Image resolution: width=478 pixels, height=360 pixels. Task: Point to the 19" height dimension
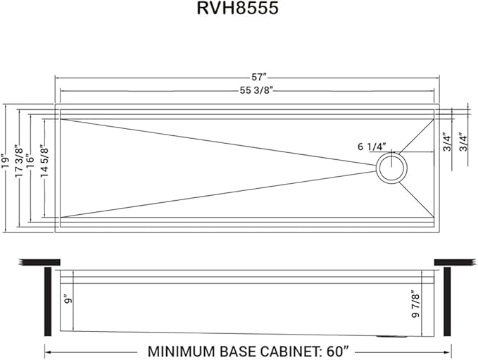[x=6, y=162]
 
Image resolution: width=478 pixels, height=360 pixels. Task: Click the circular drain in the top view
[x=391, y=169]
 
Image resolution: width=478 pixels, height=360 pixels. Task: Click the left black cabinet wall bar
[x=49, y=302]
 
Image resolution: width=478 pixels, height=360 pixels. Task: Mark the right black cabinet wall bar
[x=447, y=302]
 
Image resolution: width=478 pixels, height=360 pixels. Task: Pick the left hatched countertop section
[x=31, y=262]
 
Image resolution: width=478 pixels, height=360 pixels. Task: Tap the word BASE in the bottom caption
[x=244, y=350]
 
